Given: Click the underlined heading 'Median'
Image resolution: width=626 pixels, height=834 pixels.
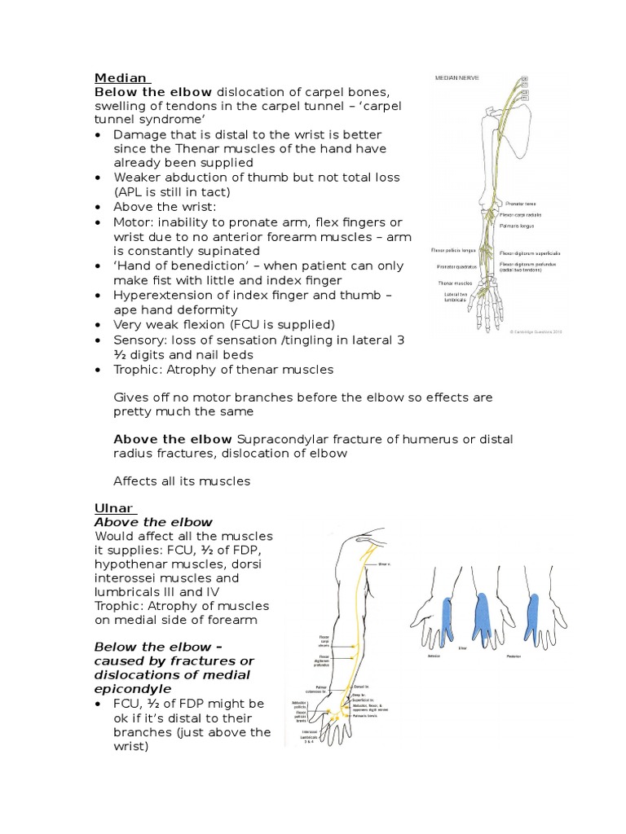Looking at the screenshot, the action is point(121,78).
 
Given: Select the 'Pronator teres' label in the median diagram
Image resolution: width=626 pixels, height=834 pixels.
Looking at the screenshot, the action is point(520,204).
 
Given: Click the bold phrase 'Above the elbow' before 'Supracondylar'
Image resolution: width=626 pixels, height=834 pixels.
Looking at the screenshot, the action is point(172,439).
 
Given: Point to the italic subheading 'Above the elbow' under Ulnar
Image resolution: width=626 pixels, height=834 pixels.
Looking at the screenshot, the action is point(153,522).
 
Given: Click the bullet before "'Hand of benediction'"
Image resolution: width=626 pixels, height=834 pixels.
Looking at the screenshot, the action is point(99,266).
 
